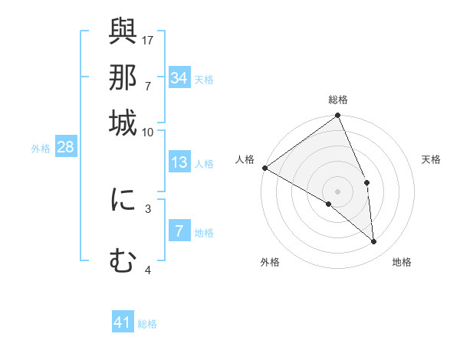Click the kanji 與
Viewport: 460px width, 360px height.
tap(123, 31)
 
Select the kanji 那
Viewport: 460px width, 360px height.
tap(123, 77)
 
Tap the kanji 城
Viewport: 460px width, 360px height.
tap(123, 123)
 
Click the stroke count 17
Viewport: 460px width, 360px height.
tap(148, 39)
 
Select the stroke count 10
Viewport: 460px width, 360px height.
tap(148, 132)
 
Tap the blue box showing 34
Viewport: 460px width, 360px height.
tap(179, 77)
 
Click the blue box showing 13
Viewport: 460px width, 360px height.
tap(179, 162)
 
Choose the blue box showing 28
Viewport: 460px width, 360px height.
tap(65, 148)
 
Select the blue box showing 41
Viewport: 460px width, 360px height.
tap(123, 322)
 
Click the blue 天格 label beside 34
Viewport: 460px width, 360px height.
tap(204, 79)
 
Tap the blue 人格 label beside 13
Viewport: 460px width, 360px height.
tap(204, 164)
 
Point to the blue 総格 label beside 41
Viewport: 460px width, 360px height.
tap(148, 324)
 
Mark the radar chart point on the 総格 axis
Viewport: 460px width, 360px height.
tap(337, 116)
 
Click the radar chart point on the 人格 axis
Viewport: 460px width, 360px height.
tap(264, 168)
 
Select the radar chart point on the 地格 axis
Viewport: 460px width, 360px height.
tap(373, 241)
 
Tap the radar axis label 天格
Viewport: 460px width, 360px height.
tap(431, 159)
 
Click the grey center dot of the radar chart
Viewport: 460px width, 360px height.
tap(337, 191)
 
